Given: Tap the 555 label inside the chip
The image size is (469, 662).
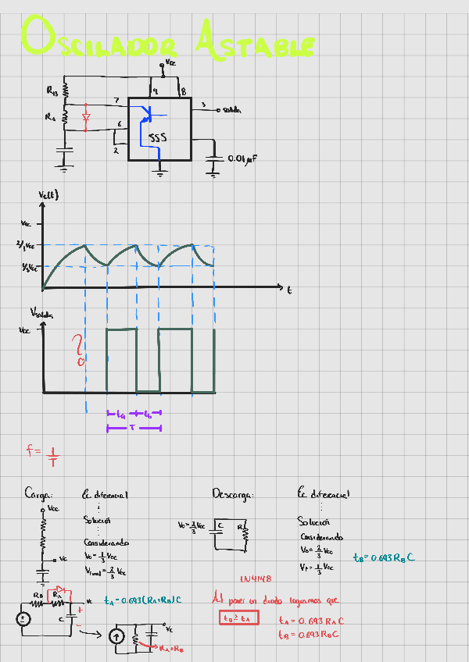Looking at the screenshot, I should [158, 138].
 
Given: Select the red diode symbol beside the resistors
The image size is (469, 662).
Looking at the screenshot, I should [86, 117].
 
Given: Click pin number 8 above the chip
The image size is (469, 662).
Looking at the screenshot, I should [183, 91].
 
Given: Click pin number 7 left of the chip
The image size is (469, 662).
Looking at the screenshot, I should [116, 100].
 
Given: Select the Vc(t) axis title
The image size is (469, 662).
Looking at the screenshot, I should [49, 194].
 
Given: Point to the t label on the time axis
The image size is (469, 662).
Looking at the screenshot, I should [288, 290].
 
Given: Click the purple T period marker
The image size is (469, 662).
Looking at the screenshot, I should [133, 428].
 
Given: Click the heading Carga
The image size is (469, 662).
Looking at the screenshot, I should [38, 494].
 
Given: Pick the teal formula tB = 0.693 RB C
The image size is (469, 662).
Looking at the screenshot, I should [383, 557].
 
